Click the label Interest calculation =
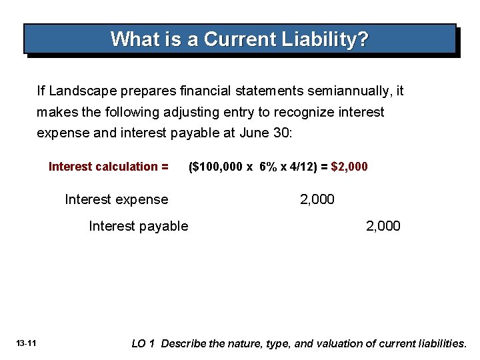click(108, 167)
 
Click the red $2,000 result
click(349, 167)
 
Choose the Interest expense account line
click(116, 199)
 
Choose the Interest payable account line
click(138, 226)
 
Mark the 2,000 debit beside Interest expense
click(317, 199)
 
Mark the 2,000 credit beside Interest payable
click(383, 226)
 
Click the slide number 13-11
click(27, 343)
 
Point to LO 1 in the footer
click(143, 343)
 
